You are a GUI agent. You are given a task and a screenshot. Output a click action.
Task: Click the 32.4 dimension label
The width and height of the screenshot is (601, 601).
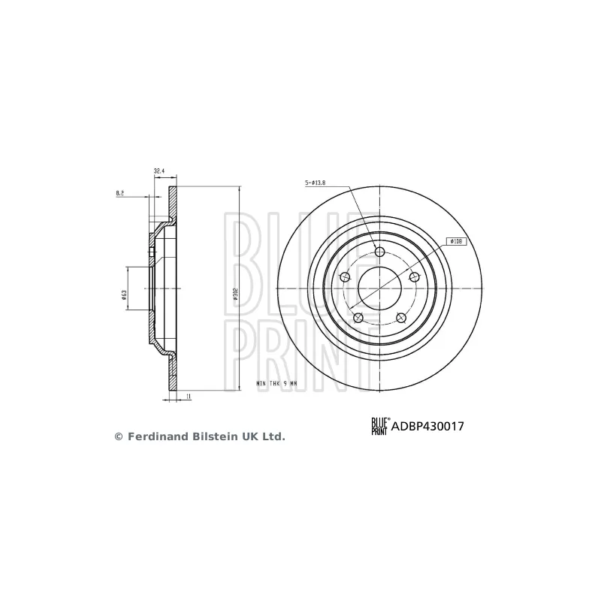[159, 171]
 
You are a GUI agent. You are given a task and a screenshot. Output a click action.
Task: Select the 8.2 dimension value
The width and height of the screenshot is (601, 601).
[120, 193]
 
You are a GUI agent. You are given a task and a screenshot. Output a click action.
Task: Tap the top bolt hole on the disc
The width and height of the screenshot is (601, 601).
[379, 251]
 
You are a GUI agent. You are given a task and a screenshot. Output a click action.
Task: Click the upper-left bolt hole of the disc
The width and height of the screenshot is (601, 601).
[345, 277]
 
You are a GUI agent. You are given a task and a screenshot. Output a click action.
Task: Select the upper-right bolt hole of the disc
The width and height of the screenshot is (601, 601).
[414, 277]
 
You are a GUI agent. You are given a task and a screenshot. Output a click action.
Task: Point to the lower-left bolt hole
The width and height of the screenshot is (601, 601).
[358, 318]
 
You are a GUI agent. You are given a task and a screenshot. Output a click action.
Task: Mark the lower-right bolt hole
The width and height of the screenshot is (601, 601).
[400, 318]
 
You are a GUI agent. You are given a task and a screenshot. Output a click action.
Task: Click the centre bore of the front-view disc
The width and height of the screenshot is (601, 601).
[379, 288]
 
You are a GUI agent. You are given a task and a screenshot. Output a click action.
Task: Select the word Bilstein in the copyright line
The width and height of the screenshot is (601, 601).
[207, 436]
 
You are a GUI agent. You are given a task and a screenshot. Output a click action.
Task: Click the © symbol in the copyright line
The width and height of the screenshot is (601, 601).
[118, 436]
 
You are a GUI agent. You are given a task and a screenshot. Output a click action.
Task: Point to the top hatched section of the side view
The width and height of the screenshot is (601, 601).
[173, 201]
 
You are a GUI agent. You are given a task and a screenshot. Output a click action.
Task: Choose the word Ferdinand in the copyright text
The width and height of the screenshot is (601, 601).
[154, 436]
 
